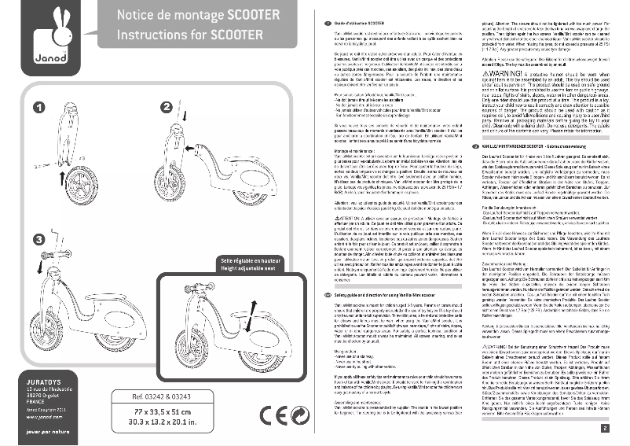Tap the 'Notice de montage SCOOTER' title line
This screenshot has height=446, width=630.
click(199, 15)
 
